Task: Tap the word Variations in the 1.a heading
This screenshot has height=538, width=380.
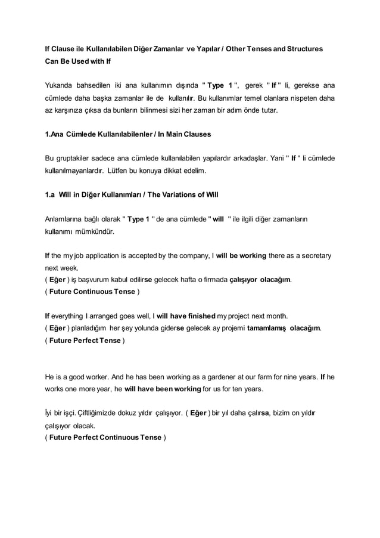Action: pos(176,194)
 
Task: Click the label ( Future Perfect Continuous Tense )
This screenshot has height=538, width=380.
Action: pos(105,437)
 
